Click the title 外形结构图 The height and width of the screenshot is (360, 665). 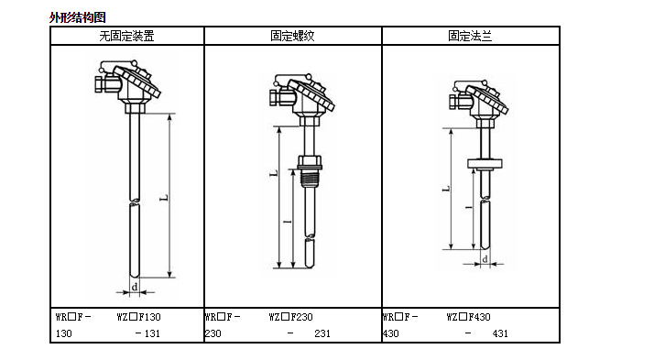(77, 17)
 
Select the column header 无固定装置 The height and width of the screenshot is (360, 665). (126, 36)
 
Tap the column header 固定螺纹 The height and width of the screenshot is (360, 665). (292, 36)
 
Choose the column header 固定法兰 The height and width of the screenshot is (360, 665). (470, 36)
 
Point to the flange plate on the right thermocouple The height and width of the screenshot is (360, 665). (485, 163)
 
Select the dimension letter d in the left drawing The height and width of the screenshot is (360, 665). (135, 287)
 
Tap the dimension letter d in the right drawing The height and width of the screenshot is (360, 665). (485, 259)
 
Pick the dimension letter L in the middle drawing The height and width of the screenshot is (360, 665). (274, 173)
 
